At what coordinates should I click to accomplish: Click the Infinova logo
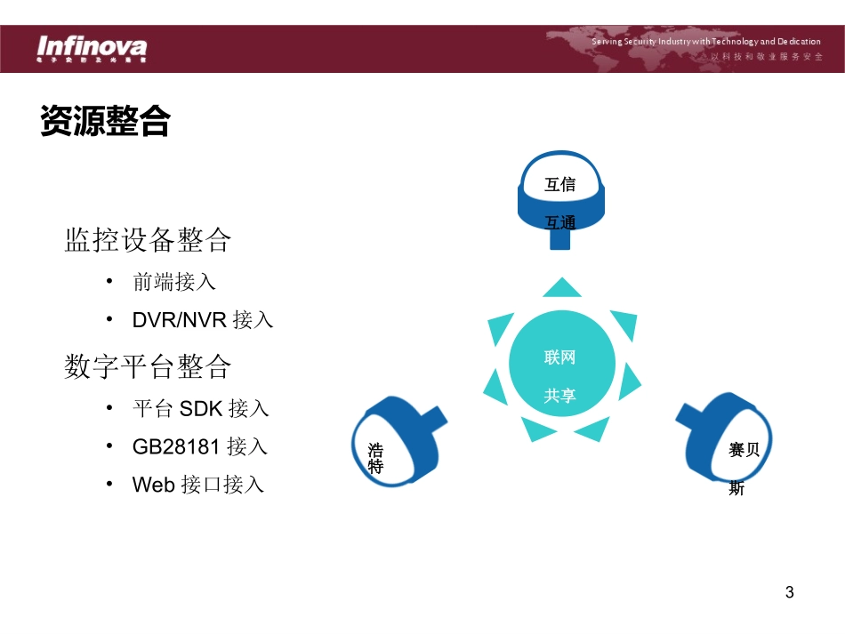click(91, 47)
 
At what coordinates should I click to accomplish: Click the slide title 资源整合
click(105, 121)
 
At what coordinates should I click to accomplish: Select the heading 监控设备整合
click(148, 240)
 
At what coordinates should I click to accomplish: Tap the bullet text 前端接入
click(174, 282)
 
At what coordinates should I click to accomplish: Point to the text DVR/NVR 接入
click(203, 320)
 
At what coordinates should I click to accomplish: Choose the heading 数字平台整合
click(148, 366)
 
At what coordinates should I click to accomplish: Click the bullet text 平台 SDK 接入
click(200, 408)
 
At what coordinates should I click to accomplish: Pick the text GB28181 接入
click(200, 446)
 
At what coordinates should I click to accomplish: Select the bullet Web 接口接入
click(198, 485)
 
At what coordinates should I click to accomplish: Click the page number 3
click(789, 592)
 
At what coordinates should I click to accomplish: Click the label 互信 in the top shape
click(560, 185)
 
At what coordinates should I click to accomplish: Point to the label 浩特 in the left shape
click(375, 458)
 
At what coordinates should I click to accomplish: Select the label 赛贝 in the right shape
click(744, 450)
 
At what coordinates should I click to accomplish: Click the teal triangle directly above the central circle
click(561, 288)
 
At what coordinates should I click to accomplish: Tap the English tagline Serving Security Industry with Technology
click(706, 42)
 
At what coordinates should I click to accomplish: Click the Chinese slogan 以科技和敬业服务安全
click(766, 56)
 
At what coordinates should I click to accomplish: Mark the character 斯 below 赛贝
click(736, 488)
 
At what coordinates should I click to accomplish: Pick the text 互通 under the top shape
click(560, 222)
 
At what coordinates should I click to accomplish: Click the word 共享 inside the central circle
click(560, 396)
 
